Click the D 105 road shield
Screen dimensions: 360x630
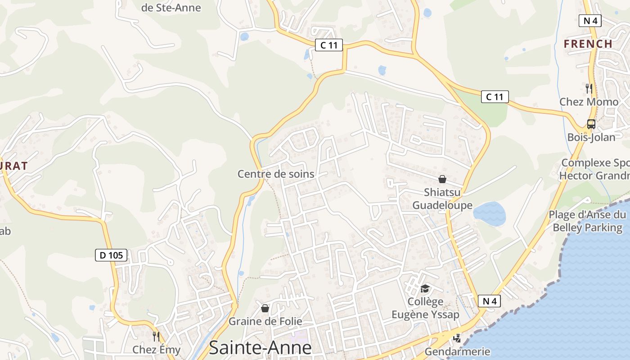point(111,255)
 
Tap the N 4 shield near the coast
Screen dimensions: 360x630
point(489,301)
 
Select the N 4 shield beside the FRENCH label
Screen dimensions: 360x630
point(589,20)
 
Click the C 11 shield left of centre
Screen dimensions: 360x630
point(328,45)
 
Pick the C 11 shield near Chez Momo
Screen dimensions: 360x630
point(495,97)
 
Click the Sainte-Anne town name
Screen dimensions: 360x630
point(260,347)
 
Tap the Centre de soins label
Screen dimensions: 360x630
point(275,174)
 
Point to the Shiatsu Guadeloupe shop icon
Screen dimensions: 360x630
point(442,179)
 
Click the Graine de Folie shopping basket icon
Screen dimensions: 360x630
point(265,308)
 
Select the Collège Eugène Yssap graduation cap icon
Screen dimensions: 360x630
point(425,288)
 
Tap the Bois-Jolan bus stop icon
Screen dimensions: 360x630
point(591,124)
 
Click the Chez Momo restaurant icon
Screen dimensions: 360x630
point(589,88)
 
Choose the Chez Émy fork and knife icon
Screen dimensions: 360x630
point(156,336)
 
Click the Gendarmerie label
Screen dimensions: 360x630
point(457,351)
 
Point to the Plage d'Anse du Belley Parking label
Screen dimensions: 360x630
point(587,221)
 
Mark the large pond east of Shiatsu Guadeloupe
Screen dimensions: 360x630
point(490,214)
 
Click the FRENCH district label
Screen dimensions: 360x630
point(588,44)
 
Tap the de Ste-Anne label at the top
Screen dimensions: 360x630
point(171,8)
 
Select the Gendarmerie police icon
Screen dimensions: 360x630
point(457,337)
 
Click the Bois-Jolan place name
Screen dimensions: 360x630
point(591,137)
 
